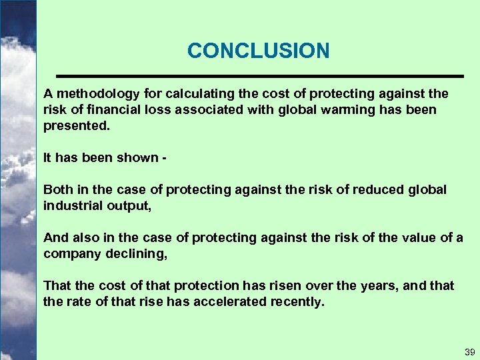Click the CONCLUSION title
258,51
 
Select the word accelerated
225,302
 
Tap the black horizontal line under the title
259,75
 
